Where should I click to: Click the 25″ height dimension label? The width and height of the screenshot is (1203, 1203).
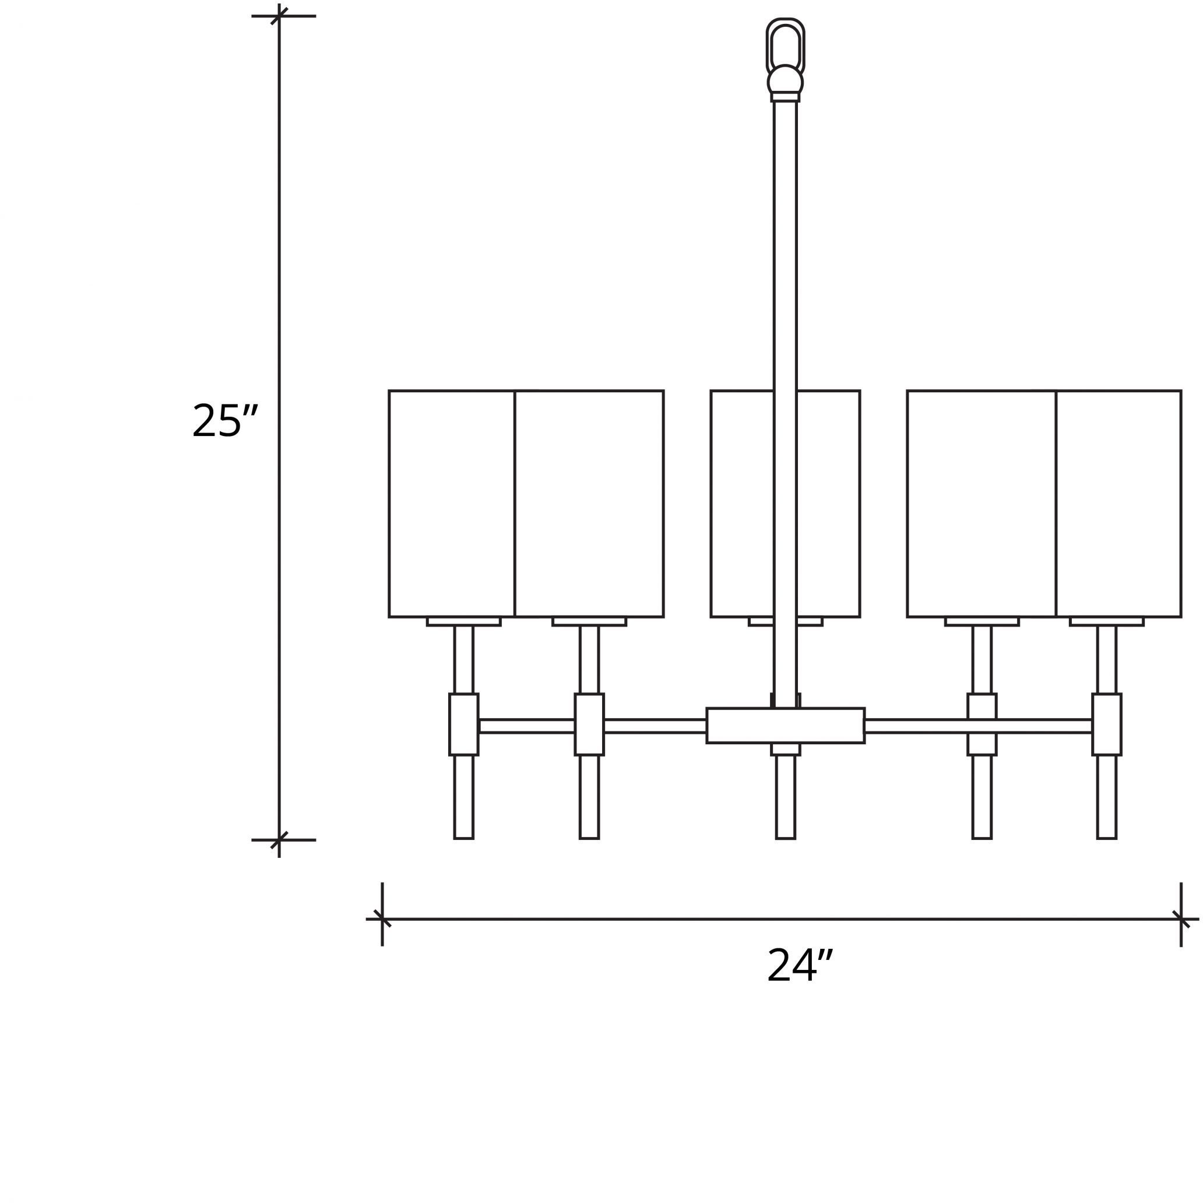click(225, 421)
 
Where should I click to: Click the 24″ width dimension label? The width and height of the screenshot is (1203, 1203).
click(800, 966)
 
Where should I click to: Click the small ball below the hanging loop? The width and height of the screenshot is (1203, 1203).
click(785, 80)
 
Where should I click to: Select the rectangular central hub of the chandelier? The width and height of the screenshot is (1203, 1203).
click(785, 726)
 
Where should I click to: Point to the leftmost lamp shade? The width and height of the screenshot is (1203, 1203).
click(452, 504)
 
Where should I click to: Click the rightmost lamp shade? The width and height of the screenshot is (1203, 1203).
click(1119, 504)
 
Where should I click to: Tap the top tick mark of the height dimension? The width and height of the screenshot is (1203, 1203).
click(279, 16)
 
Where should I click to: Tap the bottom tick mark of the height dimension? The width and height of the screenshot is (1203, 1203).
click(279, 840)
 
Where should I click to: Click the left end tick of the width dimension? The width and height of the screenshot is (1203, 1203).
click(382, 919)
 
